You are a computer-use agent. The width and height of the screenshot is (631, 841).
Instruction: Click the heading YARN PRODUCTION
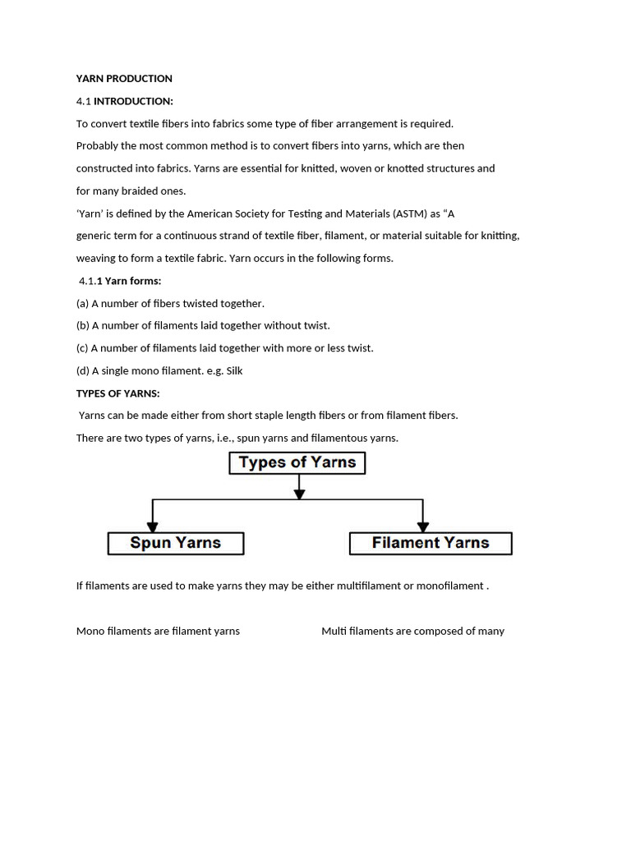(x=124, y=79)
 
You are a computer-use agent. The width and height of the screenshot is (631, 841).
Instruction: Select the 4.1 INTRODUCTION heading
(x=124, y=101)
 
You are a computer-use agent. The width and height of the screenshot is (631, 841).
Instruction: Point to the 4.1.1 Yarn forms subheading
(x=120, y=281)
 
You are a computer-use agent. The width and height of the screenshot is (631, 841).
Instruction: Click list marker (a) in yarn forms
(x=82, y=303)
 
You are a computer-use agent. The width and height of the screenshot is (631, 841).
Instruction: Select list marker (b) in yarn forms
(x=82, y=325)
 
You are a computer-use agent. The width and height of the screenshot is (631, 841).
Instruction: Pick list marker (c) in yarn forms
(x=82, y=348)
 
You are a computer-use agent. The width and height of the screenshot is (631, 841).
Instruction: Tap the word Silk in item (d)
(x=234, y=370)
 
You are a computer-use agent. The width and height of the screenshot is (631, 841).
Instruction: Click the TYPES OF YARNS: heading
(x=117, y=393)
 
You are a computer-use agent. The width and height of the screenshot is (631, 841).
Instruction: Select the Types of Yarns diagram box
(x=297, y=463)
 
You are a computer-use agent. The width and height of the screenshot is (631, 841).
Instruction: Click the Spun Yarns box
(x=176, y=543)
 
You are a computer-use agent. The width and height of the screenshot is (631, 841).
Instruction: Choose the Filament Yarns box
(x=431, y=543)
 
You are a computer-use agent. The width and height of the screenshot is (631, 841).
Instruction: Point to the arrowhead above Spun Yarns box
(x=152, y=526)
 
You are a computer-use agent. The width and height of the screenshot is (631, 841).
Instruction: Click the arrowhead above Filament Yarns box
(x=423, y=526)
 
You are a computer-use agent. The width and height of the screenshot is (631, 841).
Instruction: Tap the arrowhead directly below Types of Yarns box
(x=299, y=493)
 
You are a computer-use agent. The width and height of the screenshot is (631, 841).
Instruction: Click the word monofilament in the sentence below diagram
(x=451, y=586)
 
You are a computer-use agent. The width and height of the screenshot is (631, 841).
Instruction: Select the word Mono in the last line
(x=90, y=632)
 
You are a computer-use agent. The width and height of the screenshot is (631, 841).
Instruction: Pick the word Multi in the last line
(x=334, y=632)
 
